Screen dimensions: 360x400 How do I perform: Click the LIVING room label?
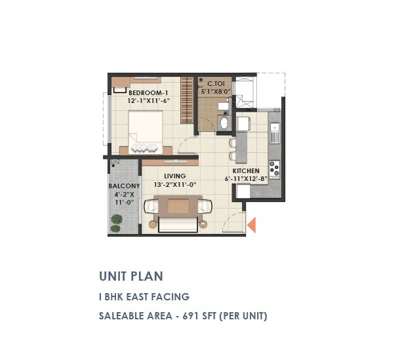(x=175, y=176)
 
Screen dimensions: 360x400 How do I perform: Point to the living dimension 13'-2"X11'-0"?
(x=175, y=184)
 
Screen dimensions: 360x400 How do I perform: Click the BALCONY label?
(x=123, y=186)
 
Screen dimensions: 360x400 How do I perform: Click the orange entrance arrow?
(x=250, y=225)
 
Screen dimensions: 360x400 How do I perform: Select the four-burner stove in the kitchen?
(x=274, y=169)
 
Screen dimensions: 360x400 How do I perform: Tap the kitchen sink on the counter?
(x=275, y=136)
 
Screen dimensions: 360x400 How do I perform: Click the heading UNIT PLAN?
(x=130, y=276)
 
